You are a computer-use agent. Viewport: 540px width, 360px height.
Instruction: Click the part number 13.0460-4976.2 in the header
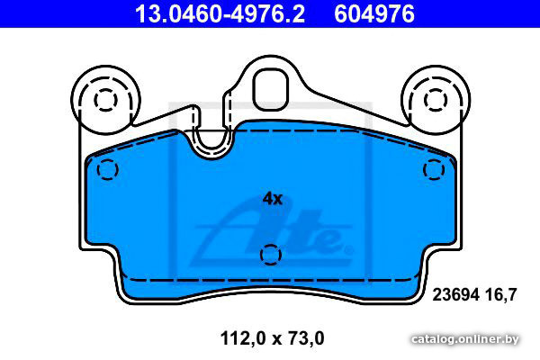(220, 13)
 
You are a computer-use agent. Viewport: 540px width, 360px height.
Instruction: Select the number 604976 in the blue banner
(374, 13)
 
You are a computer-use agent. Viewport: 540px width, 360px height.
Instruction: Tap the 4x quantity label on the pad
(273, 198)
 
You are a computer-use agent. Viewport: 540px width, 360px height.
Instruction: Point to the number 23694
(456, 295)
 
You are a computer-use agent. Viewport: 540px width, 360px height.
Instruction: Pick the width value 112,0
(243, 338)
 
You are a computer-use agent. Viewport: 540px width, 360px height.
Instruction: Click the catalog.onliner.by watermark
(465, 339)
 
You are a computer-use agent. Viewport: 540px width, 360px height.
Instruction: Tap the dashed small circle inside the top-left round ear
(105, 100)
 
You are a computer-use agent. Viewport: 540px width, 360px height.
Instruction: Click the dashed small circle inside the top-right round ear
(436, 100)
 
